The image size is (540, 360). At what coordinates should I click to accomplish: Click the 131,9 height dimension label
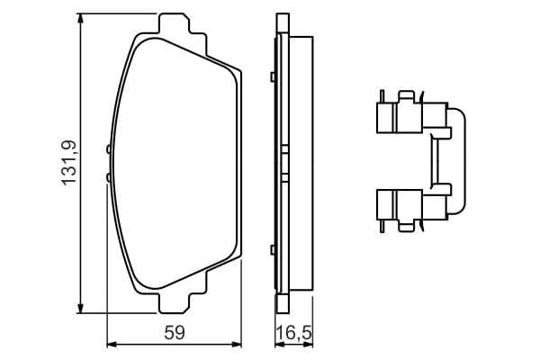69,163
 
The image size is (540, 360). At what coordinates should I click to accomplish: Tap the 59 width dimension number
175,333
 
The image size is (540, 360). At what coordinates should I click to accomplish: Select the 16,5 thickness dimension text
293,334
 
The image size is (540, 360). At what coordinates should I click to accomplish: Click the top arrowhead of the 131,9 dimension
81,19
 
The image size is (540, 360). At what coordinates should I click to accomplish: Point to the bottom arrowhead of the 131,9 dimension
81,308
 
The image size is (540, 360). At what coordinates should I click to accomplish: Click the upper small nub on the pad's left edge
109,149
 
